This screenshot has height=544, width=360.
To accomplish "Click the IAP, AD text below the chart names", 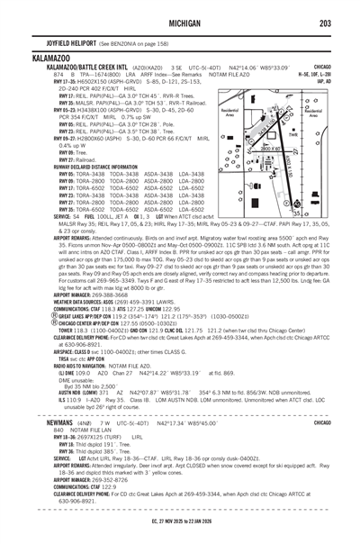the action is coord(345,78).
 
